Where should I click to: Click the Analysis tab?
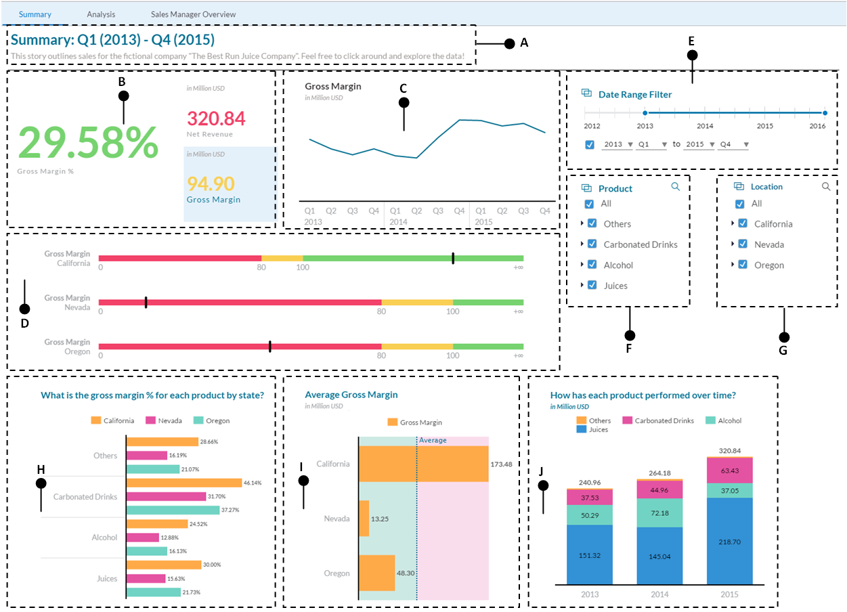pyautogui.click(x=101, y=14)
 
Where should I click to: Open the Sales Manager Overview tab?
pyautogui.click(x=193, y=14)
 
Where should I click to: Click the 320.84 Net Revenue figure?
pyautogui.click(x=216, y=119)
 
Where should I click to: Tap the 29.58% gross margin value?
pyautogui.click(x=88, y=142)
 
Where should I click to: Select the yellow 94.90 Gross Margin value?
pyautogui.click(x=211, y=183)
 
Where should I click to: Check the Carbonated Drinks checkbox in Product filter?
pyautogui.click(x=592, y=244)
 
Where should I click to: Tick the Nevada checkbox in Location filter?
pyautogui.click(x=743, y=244)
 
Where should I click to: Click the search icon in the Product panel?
pyautogui.click(x=675, y=187)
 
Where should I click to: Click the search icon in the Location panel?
pyautogui.click(x=825, y=186)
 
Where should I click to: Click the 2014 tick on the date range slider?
pyautogui.click(x=705, y=113)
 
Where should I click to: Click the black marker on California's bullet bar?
pyautogui.click(x=453, y=258)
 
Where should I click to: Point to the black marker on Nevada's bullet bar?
pyautogui.click(x=146, y=302)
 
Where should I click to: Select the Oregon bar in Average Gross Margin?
pyautogui.click(x=376, y=573)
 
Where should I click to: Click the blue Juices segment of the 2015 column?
pyautogui.click(x=729, y=541)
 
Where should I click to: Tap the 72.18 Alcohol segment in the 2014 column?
pyautogui.click(x=659, y=513)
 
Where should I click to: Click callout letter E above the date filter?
pyautogui.click(x=691, y=41)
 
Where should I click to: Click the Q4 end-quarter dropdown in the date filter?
pyautogui.click(x=734, y=144)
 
